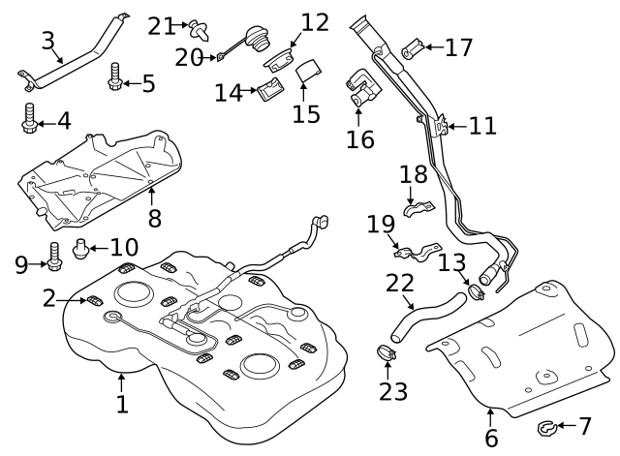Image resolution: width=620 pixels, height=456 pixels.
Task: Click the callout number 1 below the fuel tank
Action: (x=122, y=404)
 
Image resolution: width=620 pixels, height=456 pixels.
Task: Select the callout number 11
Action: (x=483, y=126)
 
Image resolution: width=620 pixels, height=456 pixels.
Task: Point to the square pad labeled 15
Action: (x=309, y=71)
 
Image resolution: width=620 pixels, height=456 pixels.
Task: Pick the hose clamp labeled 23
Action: (x=386, y=353)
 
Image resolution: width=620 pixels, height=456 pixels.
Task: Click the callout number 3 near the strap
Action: (x=48, y=42)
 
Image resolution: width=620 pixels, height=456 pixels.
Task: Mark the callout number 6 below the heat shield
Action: (x=491, y=438)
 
